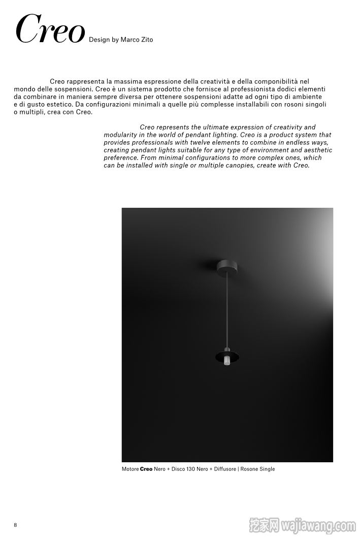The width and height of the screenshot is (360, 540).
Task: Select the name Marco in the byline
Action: click(129, 40)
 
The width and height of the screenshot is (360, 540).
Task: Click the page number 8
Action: click(15, 525)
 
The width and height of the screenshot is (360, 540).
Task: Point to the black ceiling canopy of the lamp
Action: click(226, 266)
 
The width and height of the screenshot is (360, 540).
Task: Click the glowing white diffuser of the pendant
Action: click(227, 360)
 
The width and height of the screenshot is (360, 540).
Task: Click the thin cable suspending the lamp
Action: click(226, 310)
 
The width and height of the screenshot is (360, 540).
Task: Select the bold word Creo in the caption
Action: click(146, 469)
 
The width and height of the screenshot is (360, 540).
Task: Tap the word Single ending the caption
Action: click(267, 469)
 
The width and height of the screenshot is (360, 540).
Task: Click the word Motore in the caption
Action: click(130, 469)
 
